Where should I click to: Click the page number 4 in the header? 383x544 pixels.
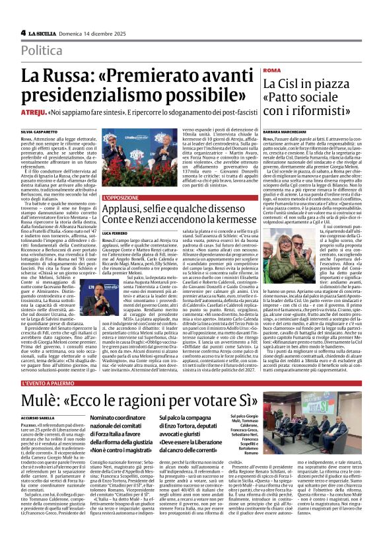[x=23, y=32]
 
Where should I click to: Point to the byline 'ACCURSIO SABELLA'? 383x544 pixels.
[x=39, y=418]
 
